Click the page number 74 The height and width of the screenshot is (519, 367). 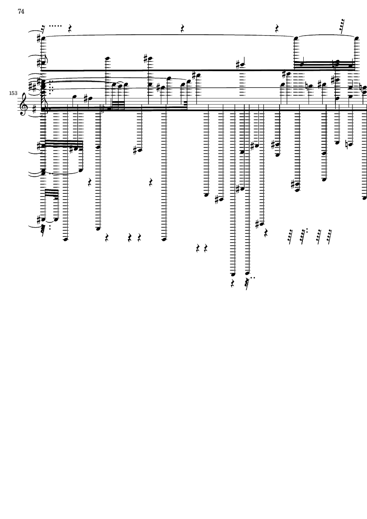[21, 11]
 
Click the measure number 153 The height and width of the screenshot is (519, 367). [13, 93]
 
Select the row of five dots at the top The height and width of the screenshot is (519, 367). [55, 26]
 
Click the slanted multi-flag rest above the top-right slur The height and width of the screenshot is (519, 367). [342, 26]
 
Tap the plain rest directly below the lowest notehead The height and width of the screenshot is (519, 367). [233, 283]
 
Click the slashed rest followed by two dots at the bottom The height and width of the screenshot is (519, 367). [248, 283]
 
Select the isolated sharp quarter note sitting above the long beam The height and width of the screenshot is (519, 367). [242, 65]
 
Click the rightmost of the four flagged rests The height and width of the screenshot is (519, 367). [329, 237]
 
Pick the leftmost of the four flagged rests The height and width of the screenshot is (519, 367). [291, 237]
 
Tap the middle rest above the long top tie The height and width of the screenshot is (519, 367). [182, 29]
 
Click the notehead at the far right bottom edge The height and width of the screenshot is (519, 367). [364, 198]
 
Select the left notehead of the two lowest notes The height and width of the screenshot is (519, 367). [233, 274]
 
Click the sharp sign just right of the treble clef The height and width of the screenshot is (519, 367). [34, 108]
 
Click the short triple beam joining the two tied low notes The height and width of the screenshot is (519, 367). [51, 193]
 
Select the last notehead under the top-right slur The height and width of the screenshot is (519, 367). [356, 38]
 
